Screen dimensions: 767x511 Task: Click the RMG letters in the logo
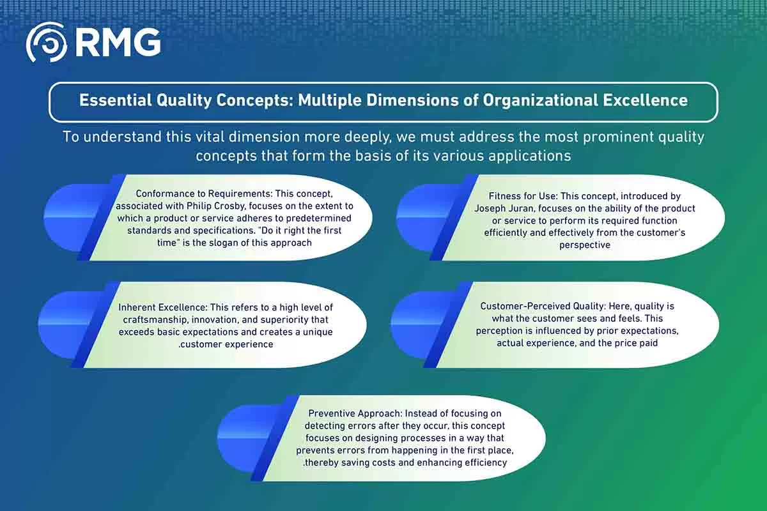click(x=118, y=42)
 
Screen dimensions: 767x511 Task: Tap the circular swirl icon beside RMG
click(x=46, y=42)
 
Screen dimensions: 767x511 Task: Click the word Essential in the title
click(x=116, y=100)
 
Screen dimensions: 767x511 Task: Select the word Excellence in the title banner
click(x=645, y=100)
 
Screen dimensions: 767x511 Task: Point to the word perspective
click(x=584, y=245)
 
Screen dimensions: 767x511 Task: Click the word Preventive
click(x=332, y=413)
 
